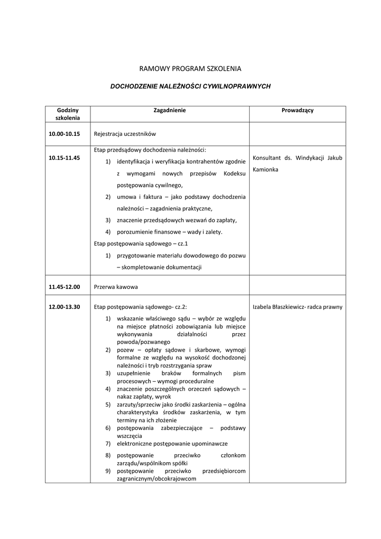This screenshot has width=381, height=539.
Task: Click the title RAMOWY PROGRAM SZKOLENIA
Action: (190, 68)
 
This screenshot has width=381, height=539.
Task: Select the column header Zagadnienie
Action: (169, 111)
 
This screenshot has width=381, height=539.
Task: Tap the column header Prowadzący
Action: (297, 111)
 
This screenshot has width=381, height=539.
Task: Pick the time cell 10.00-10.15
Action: (64, 134)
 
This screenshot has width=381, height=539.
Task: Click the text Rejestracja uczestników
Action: (125, 134)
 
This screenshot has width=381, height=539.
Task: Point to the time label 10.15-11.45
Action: (64, 157)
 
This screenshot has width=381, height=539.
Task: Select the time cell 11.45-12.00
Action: (64, 287)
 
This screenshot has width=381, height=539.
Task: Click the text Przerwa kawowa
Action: (116, 287)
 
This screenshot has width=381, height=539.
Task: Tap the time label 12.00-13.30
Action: (64, 307)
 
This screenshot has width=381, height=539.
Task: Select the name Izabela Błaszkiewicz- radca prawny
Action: (297, 307)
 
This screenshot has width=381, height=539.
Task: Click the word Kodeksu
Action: (234, 174)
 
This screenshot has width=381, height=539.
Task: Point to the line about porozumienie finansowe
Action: (170, 232)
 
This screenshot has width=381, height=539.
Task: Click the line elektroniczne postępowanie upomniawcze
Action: (172, 444)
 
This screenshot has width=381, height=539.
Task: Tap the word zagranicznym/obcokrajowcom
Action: (156, 479)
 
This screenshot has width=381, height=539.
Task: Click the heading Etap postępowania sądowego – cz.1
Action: (141, 244)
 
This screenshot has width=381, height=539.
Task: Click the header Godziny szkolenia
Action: (68, 114)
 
